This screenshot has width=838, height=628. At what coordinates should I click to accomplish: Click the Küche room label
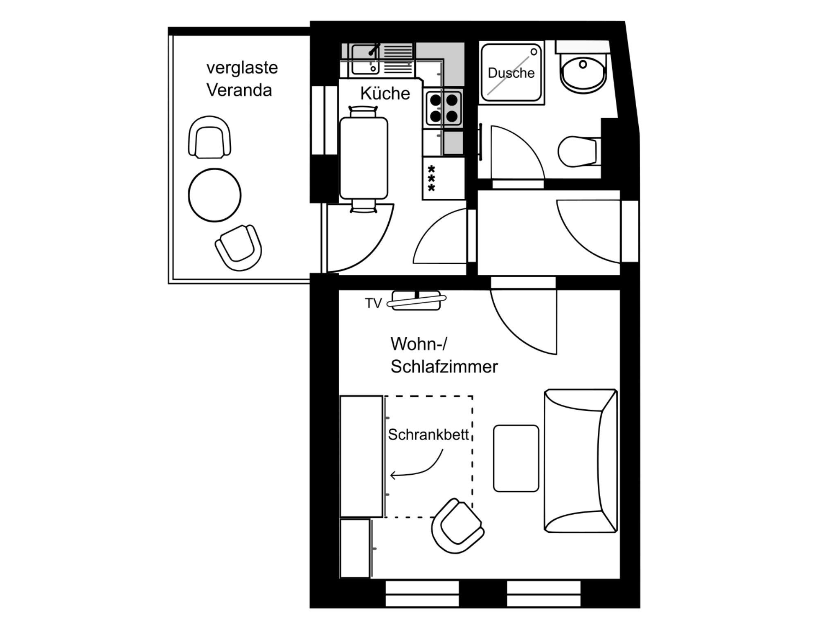tap(385, 93)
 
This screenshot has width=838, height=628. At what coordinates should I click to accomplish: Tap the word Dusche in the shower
tap(511, 73)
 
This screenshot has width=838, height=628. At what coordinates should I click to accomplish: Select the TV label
tap(373, 303)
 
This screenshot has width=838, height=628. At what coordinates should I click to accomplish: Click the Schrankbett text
tap(428, 435)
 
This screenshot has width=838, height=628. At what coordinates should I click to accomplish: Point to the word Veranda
tap(239, 90)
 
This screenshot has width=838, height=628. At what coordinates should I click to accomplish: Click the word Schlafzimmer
tap(444, 366)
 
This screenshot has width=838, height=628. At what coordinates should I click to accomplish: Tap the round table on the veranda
tap(215, 195)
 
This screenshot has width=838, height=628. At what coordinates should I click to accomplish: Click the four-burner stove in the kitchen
tap(444, 108)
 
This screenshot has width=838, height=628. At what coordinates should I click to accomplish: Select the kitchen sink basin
tap(365, 60)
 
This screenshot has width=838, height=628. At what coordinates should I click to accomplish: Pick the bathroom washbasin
tap(583, 72)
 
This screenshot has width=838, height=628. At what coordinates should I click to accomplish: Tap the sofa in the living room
tap(581, 461)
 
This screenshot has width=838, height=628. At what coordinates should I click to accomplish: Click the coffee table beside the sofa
tap(516, 458)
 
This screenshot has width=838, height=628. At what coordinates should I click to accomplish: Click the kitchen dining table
tap(364, 158)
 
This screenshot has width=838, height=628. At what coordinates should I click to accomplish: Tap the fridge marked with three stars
tap(444, 178)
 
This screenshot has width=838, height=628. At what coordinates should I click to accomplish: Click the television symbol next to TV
tap(417, 301)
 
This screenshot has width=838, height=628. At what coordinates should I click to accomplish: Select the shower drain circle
tap(534, 52)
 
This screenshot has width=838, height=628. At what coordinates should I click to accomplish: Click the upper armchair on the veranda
tap(209, 137)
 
